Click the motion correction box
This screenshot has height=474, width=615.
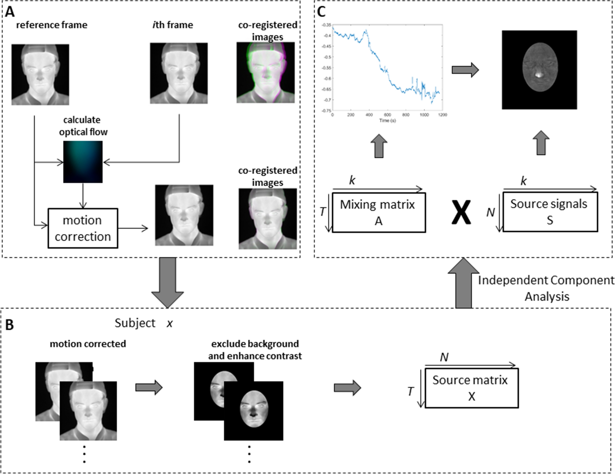pos(83,228)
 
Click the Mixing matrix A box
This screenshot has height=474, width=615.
pos(378,212)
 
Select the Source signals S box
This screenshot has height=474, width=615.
pos(550,212)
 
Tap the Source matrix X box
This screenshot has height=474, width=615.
pos(471,388)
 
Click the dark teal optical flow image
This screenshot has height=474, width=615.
pos(83,162)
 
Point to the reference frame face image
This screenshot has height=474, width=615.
pos(40,75)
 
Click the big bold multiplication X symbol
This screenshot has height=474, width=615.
pos(461,212)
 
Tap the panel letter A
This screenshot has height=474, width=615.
pos(10,12)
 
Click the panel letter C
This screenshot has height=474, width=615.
pos(321,12)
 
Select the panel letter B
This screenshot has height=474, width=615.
pos(9,325)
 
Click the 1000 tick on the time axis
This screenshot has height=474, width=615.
pos(424,115)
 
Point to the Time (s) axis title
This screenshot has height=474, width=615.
pos(387,121)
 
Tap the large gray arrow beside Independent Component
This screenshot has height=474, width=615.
pos(463,283)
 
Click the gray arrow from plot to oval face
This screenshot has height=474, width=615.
pos(465,70)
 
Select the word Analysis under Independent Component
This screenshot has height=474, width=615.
pos(547,297)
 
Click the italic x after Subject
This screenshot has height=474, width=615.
pos(170,324)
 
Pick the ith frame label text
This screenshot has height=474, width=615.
pos(173,25)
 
